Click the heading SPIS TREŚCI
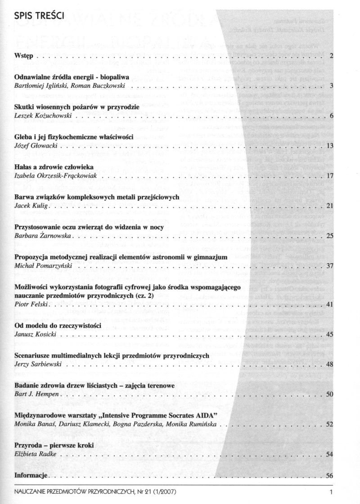[40, 17]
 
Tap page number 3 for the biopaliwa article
[331, 85]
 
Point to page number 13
[329, 146]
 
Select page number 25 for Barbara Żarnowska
[329, 236]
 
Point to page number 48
[329, 364]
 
